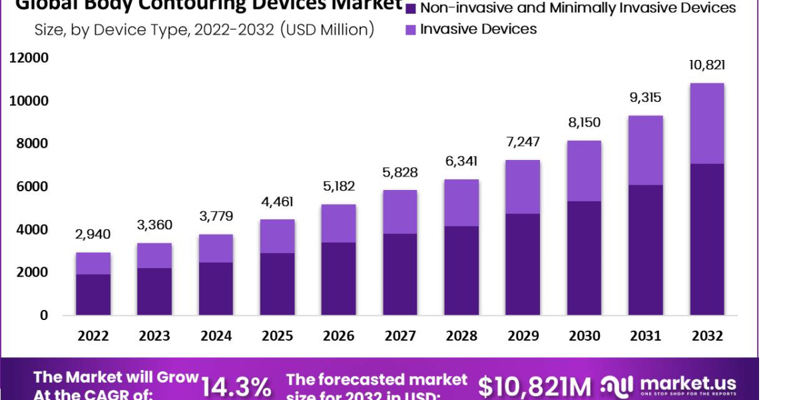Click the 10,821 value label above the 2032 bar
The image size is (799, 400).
(x=706, y=65)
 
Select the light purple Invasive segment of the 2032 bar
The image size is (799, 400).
(x=706, y=123)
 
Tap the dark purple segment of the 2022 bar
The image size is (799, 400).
(x=93, y=294)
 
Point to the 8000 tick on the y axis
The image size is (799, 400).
(x=29, y=144)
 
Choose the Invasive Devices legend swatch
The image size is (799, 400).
(x=410, y=29)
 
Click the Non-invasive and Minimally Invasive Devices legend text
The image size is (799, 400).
(x=578, y=8)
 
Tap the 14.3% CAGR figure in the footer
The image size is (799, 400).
(x=236, y=387)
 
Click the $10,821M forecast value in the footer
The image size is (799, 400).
(x=535, y=386)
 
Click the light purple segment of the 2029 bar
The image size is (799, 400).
(x=523, y=187)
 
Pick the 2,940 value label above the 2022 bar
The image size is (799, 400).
(x=93, y=234)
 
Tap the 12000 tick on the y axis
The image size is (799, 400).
(x=29, y=58)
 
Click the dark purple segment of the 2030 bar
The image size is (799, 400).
(x=584, y=257)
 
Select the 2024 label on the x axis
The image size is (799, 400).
(x=216, y=335)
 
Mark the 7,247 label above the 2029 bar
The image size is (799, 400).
(x=523, y=141)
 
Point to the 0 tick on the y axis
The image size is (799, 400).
(x=44, y=315)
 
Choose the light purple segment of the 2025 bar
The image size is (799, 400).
(x=277, y=236)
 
